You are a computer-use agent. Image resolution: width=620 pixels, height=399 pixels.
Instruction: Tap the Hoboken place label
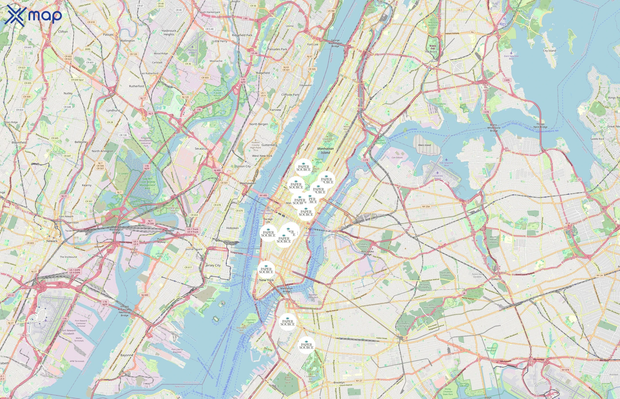click(232, 228)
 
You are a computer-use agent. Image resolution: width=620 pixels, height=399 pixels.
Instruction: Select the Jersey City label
click(213, 265)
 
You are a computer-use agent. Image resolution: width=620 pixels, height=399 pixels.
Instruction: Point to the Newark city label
click(52, 241)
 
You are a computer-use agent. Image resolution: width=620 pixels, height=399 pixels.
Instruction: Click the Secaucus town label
click(201, 149)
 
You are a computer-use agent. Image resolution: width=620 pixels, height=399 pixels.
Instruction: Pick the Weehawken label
click(248, 183)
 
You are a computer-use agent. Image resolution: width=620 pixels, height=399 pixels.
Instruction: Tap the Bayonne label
click(127, 355)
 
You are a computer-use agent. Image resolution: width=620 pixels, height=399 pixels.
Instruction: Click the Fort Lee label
click(313, 44)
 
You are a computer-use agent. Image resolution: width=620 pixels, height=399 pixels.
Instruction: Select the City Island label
click(549, 51)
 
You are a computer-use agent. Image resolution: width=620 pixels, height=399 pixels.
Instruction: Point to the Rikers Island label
click(424, 145)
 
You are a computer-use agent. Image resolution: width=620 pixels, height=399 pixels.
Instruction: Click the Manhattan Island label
click(325, 151)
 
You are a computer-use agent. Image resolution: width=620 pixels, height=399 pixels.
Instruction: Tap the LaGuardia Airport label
click(438, 177)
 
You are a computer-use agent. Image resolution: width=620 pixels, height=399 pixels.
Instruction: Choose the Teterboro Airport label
click(192, 51)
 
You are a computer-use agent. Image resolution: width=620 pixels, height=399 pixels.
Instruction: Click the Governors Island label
click(250, 321)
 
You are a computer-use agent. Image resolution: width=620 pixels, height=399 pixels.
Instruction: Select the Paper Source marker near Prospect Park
click(306, 345)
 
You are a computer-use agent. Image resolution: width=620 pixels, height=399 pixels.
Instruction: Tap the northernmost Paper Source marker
click(303, 168)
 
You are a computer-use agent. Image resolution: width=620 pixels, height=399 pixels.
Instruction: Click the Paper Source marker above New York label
click(266, 270)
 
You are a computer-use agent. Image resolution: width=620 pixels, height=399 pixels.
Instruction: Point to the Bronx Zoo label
click(433, 47)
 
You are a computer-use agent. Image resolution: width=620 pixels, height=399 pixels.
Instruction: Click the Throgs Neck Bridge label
click(540, 125)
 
